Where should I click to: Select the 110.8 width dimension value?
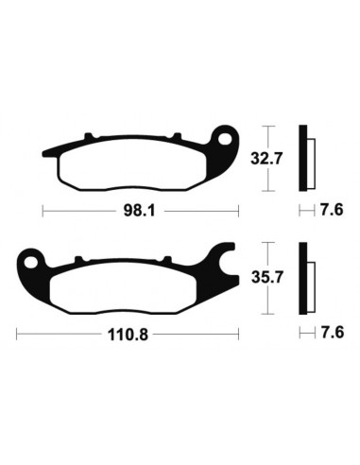point(127,334)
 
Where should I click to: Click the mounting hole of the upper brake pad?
point(226,141)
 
